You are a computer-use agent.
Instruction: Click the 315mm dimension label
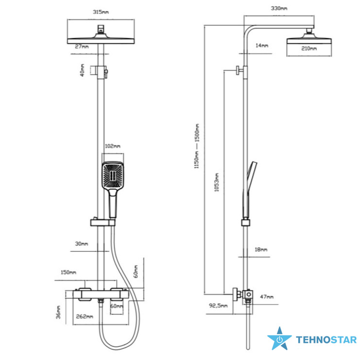[x=101, y=12]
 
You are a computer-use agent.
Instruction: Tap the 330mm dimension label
[x=279, y=8]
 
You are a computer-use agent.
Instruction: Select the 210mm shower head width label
[x=309, y=49]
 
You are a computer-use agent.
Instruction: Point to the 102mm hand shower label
[x=113, y=146]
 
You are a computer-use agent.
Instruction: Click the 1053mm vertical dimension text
[x=216, y=182]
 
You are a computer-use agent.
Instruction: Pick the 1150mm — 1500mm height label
[x=196, y=146]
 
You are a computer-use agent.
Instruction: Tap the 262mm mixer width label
[x=85, y=316]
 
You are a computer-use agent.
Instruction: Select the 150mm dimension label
[x=69, y=272]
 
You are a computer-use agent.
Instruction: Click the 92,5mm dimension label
[x=218, y=306]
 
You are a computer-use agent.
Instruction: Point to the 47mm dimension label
[x=267, y=297]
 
